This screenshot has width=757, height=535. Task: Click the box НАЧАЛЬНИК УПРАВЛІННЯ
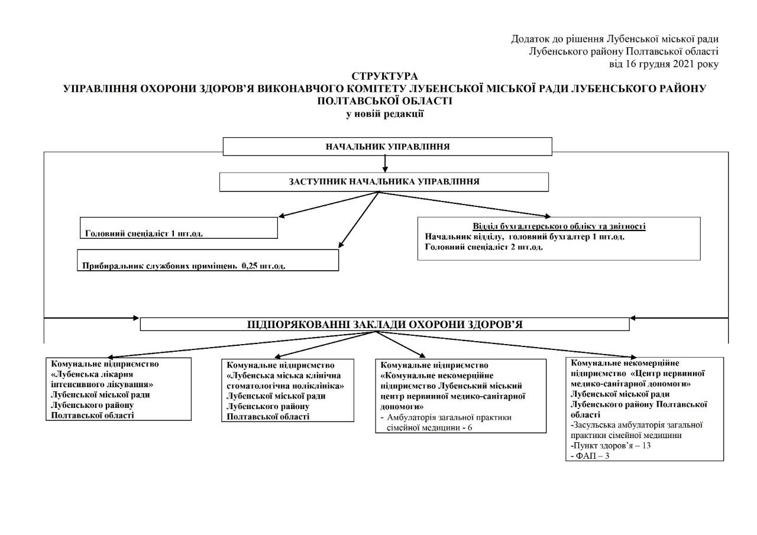pos(387,147)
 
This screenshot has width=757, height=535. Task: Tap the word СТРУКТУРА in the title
pos(384,76)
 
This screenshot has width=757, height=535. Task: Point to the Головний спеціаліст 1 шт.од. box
pos(179,228)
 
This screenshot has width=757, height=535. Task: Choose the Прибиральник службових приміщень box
pos(208,261)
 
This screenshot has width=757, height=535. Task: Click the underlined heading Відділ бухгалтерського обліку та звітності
pos(559,226)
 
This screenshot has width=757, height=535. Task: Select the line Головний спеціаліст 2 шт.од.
pos(484,247)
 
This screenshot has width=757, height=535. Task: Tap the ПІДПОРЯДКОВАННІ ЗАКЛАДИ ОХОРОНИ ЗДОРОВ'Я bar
pos(384,324)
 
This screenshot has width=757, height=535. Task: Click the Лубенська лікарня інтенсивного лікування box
pos(119,389)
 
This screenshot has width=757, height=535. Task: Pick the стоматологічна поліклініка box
pos(287,390)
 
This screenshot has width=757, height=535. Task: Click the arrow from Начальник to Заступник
pos(385,164)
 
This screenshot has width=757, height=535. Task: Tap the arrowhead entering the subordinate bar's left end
pos(135,318)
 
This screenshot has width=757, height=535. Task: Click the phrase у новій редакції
pos(384,114)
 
